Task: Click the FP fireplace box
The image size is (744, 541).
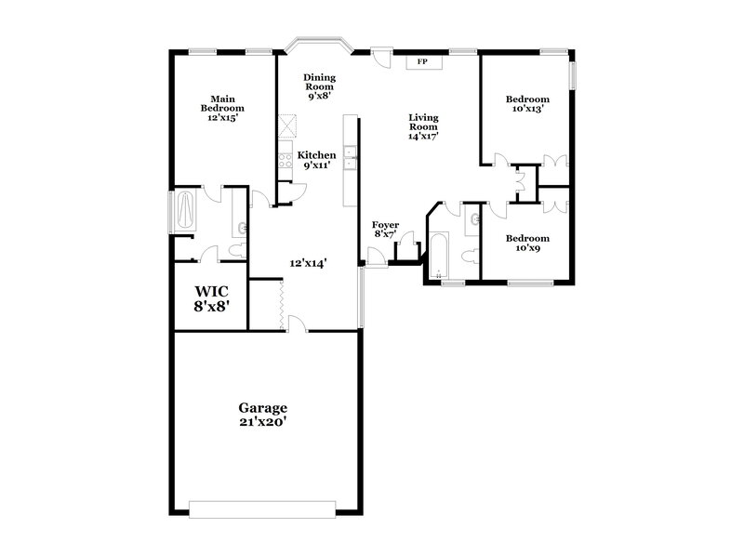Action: (421, 61)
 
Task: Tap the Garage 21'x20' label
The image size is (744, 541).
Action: (263, 415)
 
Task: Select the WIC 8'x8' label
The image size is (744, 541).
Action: (210, 297)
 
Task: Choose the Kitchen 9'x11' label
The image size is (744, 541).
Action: (316, 160)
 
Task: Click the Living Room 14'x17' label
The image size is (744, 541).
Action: (423, 126)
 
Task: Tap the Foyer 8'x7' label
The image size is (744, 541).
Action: (386, 231)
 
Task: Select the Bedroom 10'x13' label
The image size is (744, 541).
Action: (527, 103)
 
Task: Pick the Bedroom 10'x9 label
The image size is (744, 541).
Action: (526, 243)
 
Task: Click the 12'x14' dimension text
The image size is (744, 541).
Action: (307, 263)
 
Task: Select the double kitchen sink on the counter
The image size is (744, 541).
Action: (349, 160)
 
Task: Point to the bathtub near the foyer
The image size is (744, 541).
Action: (439, 254)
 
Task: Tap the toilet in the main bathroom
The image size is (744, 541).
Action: (236, 249)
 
